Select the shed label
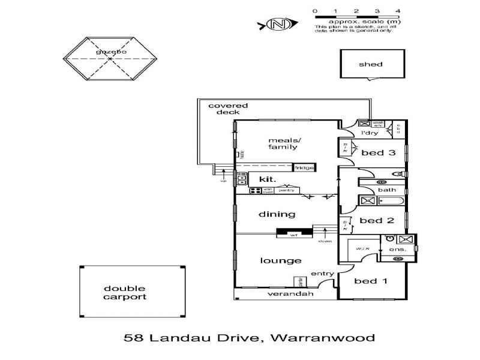pos(370,64)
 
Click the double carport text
pos(125,292)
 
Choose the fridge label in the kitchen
pos(304,167)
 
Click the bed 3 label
pos(378,153)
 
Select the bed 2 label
pos(377,220)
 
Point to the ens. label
pos(398,249)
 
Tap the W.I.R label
pos(362,248)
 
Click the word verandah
pos(282,294)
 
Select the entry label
pos(322,274)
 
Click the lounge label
pos(280,260)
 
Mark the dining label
pos(277,214)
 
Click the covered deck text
pos(228,109)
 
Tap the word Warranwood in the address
pos(323,337)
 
